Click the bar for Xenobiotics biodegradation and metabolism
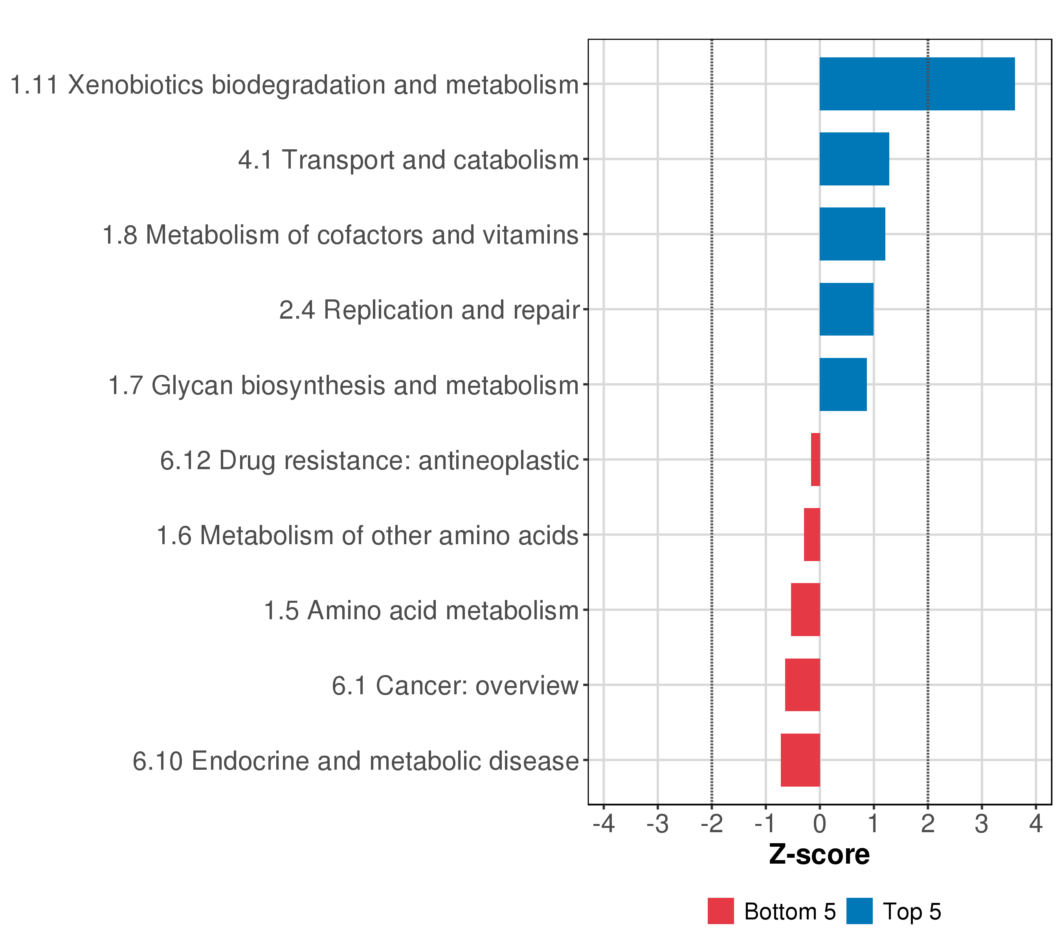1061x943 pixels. (x=917, y=84)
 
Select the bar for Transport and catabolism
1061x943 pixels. (x=854, y=159)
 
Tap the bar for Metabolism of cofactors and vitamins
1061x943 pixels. (x=852, y=234)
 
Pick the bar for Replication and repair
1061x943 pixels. (x=846, y=309)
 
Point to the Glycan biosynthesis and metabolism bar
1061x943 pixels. (x=843, y=385)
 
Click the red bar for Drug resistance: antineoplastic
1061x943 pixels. (x=815, y=459)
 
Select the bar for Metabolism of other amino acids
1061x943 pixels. (x=812, y=534)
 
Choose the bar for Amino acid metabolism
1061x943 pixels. (x=805, y=610)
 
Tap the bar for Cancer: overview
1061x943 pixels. (x=802, y=685)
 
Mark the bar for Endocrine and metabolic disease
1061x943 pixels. (x=800, y=760)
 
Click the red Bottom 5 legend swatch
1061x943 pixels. (x=720, y=911)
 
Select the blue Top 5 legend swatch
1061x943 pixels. (x=859, y=911)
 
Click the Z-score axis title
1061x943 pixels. (x=819, y=855)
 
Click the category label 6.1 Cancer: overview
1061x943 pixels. (x=455, y=686)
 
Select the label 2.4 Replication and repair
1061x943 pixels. (x=429, y=310)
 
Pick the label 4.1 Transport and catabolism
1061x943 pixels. (x=408, y=160)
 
